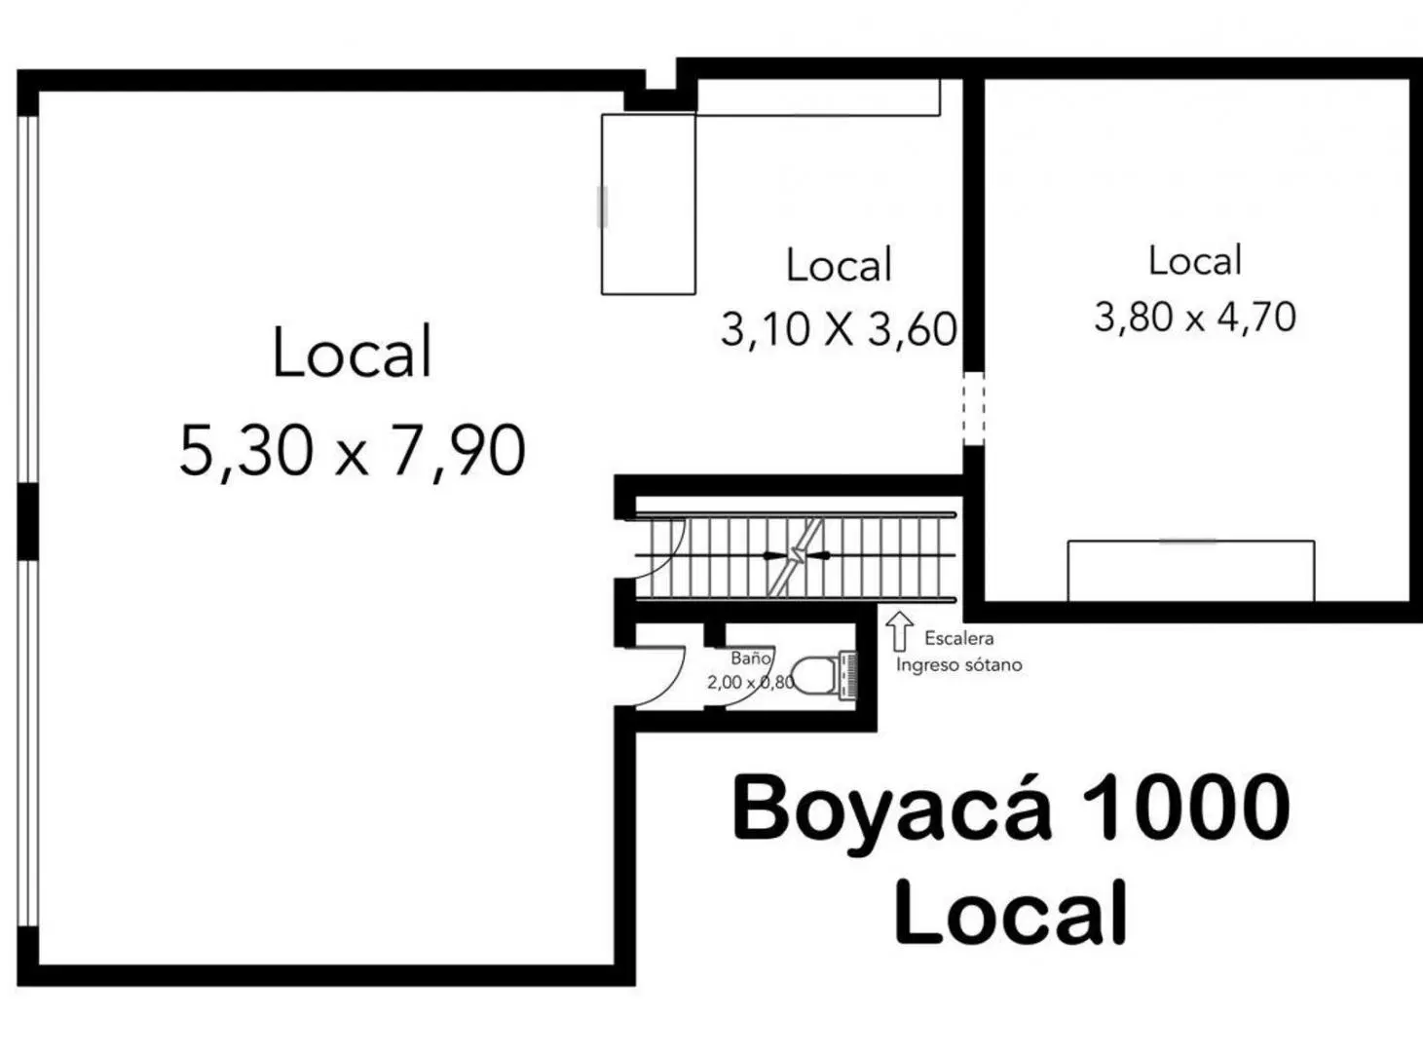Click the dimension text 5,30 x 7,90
[x=353, y=451]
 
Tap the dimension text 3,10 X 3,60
[x=839, y=330]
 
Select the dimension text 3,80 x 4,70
[x=1195, y=318]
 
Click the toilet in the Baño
[x=824, y=675]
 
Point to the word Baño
[x=751, y=657]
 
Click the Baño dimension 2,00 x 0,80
[x=751, y=682]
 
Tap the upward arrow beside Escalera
[x=899, y=631]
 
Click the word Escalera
[x=959, y=639]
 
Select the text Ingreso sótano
[x=959, y=665]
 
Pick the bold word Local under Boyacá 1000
[x=1011, y=912]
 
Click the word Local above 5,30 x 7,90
[x=353, y=352]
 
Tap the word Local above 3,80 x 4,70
[x=1195, y=260]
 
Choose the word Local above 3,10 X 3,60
[x=840, y=264]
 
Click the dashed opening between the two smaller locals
[x=973, y=409]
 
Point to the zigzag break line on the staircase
[x=796, y=556]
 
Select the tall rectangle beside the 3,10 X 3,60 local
[x=648, y=205]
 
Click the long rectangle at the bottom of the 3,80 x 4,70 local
[x=1191, y=571]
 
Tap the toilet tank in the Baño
[x=848, y=675]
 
